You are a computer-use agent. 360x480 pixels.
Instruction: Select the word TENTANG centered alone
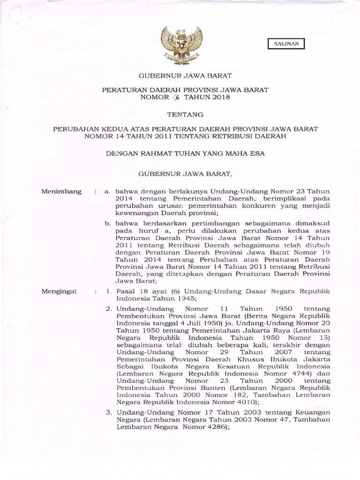click(x=181, y=114)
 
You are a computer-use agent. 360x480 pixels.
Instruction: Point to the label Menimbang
click(x=61, y=192)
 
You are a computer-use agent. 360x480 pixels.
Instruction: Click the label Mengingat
click(x=60, y=291)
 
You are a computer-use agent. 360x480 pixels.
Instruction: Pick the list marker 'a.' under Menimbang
click(x=108, y=192)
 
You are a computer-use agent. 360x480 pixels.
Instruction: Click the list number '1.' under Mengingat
click(x=108, y=291)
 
